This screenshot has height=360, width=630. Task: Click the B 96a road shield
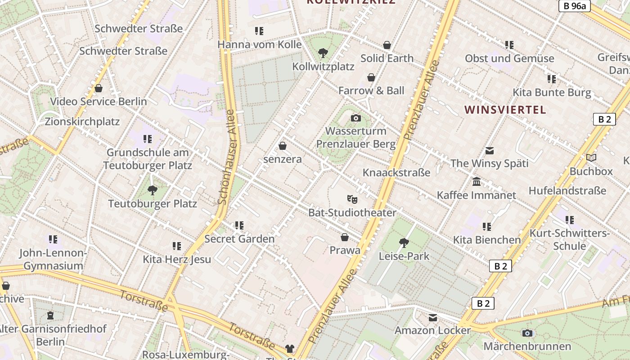[575, 6]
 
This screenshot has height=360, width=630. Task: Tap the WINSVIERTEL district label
[505, 110]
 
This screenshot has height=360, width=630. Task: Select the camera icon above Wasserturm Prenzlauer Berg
[356, 118]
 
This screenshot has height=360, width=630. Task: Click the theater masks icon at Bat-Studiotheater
[352, 198]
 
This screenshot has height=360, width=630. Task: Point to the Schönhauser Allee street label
[227, 157]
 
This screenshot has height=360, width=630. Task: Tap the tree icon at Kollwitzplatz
[323, 53]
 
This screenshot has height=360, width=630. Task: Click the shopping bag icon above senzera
[283, 146]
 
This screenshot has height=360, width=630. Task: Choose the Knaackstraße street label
[396, 172]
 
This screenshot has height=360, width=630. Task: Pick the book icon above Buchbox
[591, 157]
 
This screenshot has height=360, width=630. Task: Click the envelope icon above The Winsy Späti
[489, 150]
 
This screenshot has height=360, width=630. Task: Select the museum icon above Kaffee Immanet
[477, 182]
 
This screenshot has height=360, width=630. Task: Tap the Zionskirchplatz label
[82, 121]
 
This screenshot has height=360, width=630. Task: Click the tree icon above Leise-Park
[404, 243]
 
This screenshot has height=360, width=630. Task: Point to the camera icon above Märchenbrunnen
[527, 333]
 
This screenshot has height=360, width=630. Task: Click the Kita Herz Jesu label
[177, 259]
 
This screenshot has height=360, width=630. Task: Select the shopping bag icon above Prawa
[345, 237]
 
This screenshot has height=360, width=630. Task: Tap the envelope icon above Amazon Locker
[432, 318]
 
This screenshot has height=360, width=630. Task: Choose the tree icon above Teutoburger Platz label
[153, 190]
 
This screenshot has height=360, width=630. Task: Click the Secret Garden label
[239, 238]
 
